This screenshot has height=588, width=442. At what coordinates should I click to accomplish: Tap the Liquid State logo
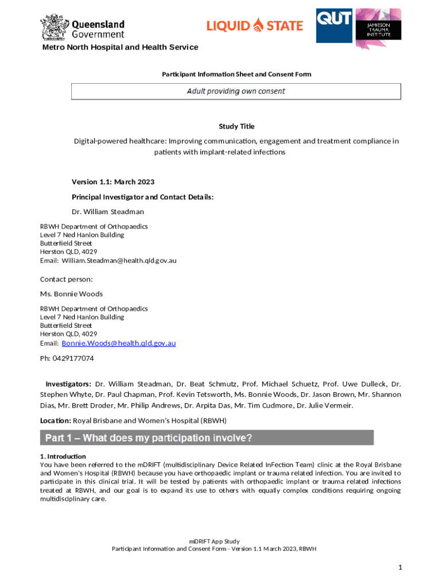click(x=254, y=25)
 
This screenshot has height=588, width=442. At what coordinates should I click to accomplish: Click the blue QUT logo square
click(x=334, y=25)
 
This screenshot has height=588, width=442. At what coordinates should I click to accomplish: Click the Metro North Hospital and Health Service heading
click(x=121, y=47)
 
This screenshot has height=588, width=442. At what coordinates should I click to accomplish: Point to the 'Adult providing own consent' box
click(x=236, y=91)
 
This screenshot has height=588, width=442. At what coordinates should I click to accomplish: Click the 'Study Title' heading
click(x=236, y=126)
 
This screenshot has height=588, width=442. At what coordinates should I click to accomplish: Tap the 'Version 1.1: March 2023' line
click(x=113, y=182)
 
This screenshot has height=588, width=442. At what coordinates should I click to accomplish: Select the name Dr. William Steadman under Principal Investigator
click(x=108, y=212)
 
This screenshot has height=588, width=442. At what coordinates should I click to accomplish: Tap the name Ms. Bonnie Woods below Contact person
click(x=71, y=294)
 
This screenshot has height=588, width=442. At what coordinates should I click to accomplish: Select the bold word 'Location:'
click(x=55, y=421)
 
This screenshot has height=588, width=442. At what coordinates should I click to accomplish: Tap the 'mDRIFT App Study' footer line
click(x=214, y=541)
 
